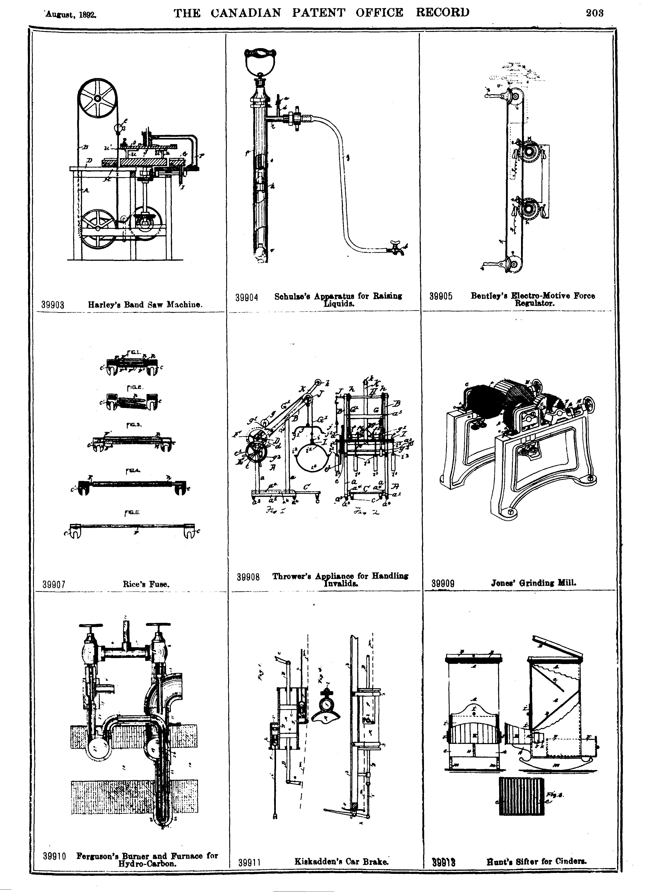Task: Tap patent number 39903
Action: coord(53,305)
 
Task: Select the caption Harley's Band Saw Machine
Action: coord(145,304)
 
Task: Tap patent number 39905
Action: coord(441,296)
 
